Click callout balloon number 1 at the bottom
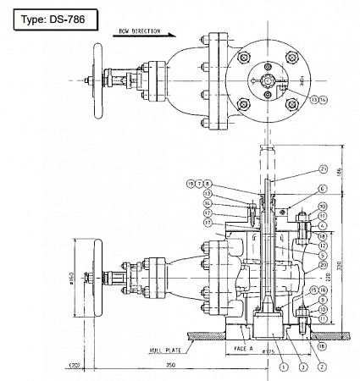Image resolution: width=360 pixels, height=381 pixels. click(x=280, y=366)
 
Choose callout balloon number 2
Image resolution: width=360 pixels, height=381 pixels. click(x=323, y=366)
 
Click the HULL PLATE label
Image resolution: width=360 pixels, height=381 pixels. click(x=168, y=345)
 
